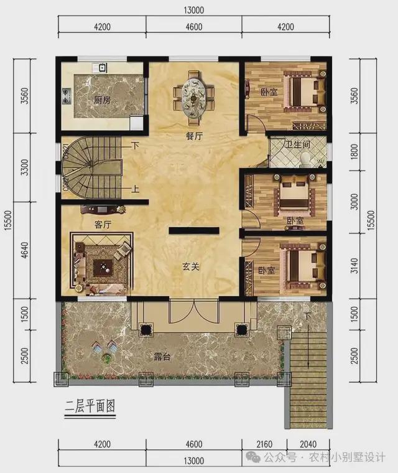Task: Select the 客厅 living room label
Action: pyautogui.click(x=95, y=225)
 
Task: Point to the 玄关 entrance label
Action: pyautogui.click(x=190, y=267)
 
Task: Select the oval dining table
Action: pyautogui.click(x=195, y=95)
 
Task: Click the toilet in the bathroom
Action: pyautogui.click(x=307, y=160)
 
